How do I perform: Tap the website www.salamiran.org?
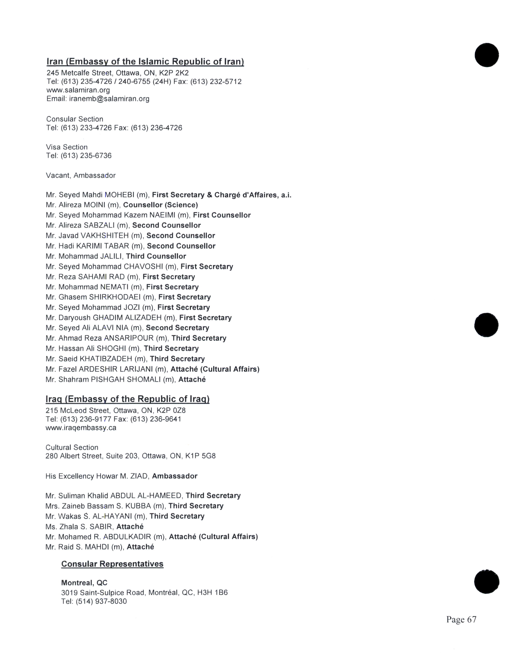coord(78,90)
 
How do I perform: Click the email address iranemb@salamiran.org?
coord(109,99)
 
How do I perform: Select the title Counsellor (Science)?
coord(160,205)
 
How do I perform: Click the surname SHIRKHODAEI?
coord(115,297)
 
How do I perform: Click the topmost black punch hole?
coord(487,55)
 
